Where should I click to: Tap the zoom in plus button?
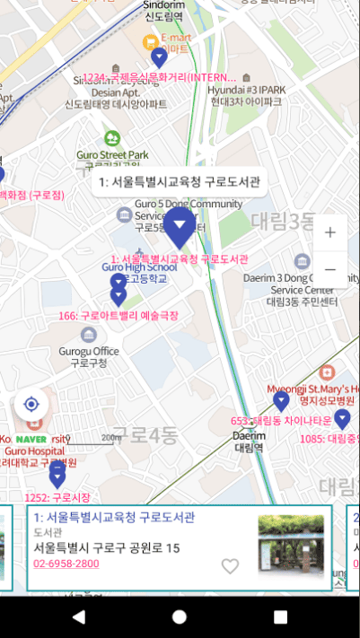[x=329, y=233]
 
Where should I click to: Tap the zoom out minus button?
[x=329, y=269]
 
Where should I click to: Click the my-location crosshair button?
[x=31, y=404]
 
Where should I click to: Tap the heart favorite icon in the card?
[x=231, y=566]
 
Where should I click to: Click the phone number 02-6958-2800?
[x=66, y=564]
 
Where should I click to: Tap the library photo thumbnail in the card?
[x=291, y=546]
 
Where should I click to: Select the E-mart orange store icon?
[x=151, y=40]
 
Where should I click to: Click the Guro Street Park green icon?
[x=112, y=138]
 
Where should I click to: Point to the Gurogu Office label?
[x=88, y=356]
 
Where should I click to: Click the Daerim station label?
[x=250, y=441]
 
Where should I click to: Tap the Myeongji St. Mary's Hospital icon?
[x=326, y=371]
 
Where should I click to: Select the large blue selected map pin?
[x=180, y=227]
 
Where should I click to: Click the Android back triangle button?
[x=79, y=617]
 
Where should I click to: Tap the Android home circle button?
[x=180, y=617]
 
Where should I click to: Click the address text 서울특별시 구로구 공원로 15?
[x=107, y=547]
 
